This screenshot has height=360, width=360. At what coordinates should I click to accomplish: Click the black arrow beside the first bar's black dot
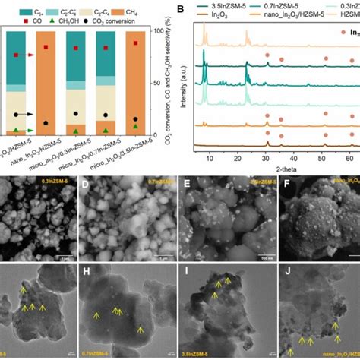point(32,114)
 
